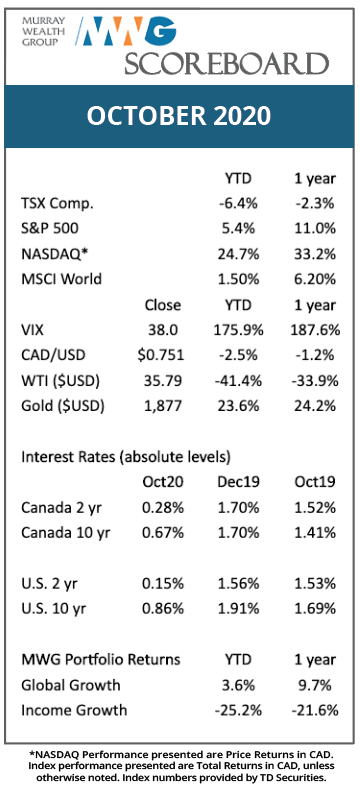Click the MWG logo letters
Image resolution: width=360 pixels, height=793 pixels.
click(129, 31)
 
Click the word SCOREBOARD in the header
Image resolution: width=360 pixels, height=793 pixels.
click(227, 64)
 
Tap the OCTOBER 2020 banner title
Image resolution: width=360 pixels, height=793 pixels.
click(179, 116)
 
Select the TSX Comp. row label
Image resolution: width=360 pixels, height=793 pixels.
click(57, 204)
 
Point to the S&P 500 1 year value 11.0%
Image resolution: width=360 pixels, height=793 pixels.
click(316, 229)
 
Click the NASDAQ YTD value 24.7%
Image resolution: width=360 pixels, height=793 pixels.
click(239, 254)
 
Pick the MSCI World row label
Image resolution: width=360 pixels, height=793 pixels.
click(61, 279)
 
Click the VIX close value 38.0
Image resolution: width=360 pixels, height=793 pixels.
click(163, 330)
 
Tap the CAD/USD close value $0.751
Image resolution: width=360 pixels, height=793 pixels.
click(161, 355)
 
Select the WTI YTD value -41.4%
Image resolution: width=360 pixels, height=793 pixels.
click(236, 380)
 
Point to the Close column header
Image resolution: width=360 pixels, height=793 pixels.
click(163, 305)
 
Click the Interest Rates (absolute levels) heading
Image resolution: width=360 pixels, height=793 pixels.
click(126, 457)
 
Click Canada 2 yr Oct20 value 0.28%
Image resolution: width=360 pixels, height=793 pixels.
click(163, 507)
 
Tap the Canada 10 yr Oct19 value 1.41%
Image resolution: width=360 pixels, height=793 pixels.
click(316, 533)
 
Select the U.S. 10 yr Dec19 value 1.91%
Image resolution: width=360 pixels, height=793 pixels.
click(239, 608)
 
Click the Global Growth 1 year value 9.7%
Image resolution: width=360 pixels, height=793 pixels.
click(316, 685)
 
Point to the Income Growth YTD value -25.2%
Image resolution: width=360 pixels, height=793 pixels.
click(239, 710)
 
